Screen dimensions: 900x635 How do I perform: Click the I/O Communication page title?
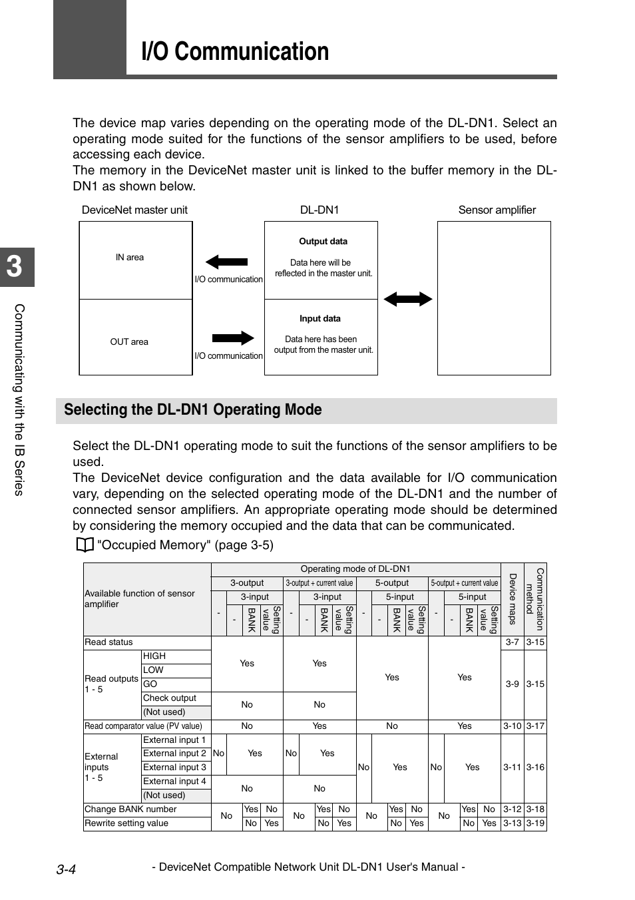click(235, 52)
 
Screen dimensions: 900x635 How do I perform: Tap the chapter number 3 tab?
click(15, 266)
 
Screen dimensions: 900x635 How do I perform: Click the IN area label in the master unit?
click(129, 258)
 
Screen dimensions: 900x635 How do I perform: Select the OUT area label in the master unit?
click(129, 342)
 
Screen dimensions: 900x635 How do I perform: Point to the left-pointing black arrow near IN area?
click(226, 262)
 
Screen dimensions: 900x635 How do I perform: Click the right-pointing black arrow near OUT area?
click(233, 337)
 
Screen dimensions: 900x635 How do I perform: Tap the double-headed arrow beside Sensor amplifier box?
click(407, 299)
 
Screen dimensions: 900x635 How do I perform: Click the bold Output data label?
click(323, 242)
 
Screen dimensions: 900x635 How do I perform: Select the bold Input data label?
click(319, 319)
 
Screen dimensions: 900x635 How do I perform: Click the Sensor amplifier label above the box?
click(497, 210)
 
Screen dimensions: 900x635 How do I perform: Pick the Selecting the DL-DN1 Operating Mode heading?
click(193, 410)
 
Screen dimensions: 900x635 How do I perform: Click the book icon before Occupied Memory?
click(83, 546)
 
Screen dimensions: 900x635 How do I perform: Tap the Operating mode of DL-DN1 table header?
click(355, 569)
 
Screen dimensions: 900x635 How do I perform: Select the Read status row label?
click(108, 642)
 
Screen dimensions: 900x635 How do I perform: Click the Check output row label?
click(169, 698)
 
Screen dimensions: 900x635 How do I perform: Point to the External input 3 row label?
click(174, 768)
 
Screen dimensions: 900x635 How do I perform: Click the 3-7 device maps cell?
click(512, 642)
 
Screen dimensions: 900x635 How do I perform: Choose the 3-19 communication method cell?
click(535, 823)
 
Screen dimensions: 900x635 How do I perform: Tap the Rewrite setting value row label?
click(126, 823)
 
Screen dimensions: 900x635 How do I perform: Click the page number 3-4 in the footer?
click(66, 869)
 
